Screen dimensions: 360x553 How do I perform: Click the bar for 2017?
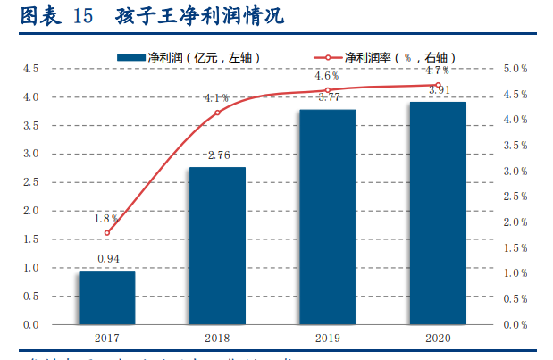click(107, 297)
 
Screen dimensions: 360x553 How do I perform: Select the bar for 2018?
click(217, 246)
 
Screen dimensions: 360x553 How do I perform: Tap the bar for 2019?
click(327, 217)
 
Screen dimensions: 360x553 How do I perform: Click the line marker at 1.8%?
click(107, 233)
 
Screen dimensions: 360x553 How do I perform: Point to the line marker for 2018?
click(217, 113)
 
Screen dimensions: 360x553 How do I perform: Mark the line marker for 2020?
click(438, 85)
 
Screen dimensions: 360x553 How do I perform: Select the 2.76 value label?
click(219, 155)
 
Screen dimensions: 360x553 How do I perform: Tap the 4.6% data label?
click(327, 76)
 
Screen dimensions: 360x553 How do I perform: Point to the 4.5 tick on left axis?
click(30, 68)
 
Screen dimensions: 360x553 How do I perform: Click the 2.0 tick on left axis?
click(30, 211)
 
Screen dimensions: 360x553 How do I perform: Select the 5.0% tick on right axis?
click(515, 68)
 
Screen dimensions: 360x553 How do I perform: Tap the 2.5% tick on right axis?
click(515, 197)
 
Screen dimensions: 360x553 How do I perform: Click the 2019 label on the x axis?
click(327, 339)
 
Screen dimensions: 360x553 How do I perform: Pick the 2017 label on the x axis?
click(107, 339)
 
